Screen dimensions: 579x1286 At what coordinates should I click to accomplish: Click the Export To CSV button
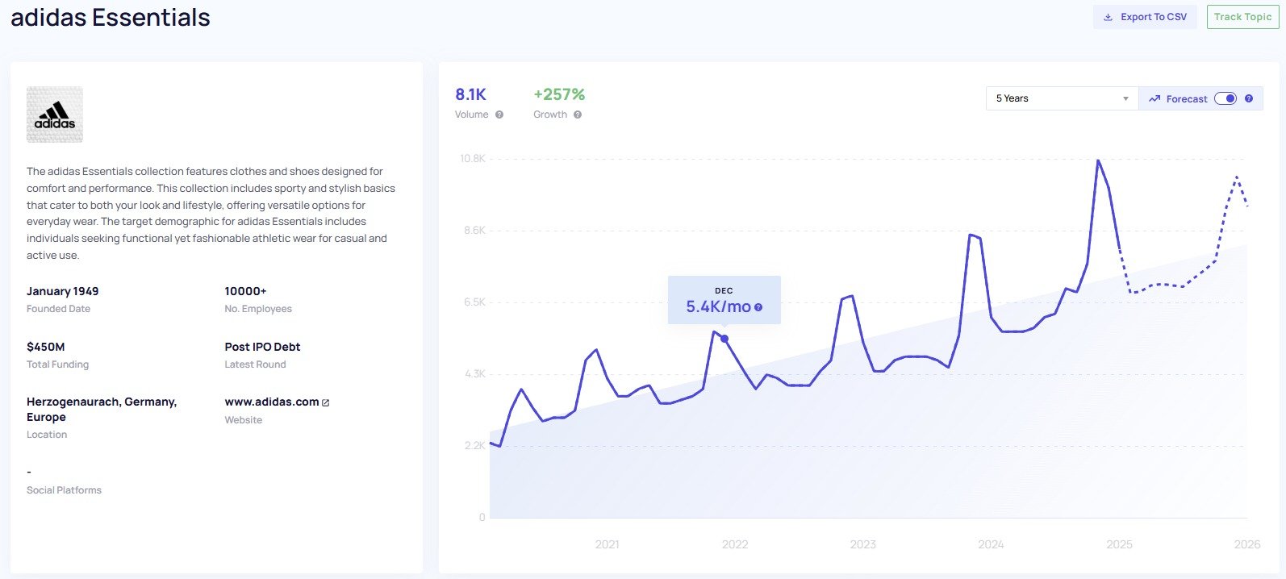pos(1145,17)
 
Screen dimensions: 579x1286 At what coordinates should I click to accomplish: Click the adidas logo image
pos(55,115)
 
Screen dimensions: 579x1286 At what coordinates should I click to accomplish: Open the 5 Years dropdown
pos(1061,98)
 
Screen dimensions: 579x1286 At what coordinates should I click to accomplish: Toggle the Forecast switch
pos(1225,98)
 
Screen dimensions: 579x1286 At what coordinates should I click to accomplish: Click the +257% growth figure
pos(559,94)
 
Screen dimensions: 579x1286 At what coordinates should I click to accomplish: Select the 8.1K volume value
pos(470,94)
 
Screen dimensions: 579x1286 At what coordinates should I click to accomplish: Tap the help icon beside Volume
pos(499,115)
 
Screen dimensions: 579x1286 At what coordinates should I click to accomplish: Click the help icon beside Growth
pos(578,115)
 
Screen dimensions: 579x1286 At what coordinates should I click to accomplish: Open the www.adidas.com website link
pos(272,402)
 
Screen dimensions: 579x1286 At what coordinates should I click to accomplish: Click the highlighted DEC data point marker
pos(724,339)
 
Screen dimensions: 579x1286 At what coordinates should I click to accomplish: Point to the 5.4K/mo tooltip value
pos(718,306)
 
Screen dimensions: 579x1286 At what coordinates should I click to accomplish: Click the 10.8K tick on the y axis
pos(473,158)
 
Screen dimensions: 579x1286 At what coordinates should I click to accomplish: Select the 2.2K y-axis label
pos(474,446)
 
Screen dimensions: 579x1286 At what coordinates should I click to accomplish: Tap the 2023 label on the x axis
pos(862,544)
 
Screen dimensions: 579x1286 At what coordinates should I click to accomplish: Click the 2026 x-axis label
pos(1246,544)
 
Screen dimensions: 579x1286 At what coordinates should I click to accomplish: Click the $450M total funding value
pos(46,347)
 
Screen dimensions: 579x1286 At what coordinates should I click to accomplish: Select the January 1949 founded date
pos(62,291)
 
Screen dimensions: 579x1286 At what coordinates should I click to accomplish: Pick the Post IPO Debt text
pos(262,347)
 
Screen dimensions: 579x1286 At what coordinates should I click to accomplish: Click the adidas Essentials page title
pos(111,17)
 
